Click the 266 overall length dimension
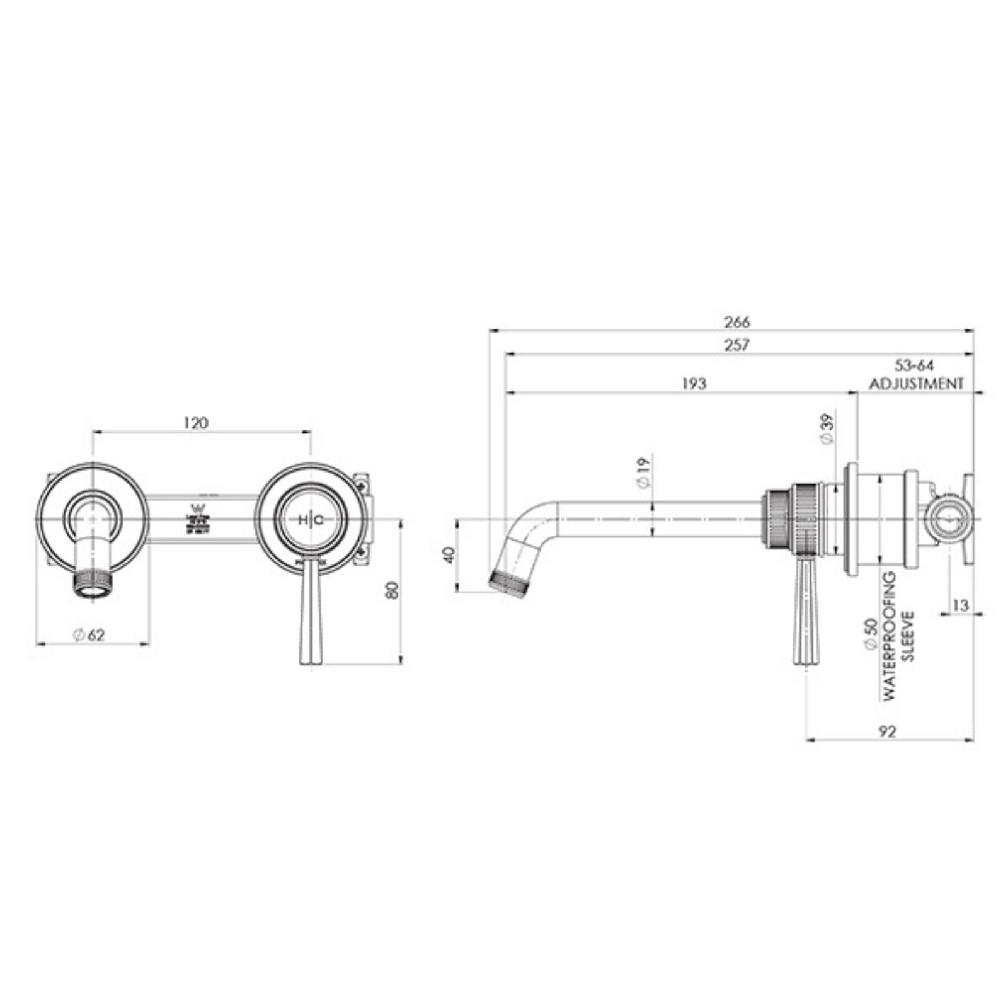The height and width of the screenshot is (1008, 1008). pyautogui.click(x=737, y=322)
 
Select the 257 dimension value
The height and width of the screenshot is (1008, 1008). pyautogui.click(x=737, y=345)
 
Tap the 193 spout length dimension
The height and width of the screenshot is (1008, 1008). pyautogui.click(x=694, y=383)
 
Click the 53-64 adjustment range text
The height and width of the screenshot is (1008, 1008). pyautogui.click(x=915, y=365)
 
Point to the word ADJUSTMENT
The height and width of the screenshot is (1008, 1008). pyautogui.click(x=917, y=383)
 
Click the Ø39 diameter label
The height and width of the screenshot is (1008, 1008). pyautogui.click(x=828, y=429)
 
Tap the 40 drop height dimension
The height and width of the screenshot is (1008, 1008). pyautogui.click(x=449, y=555)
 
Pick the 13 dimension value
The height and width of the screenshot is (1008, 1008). pyautogui.click(x=961, y=605)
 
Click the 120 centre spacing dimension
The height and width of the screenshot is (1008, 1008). pyautogui.click(x=196, y=423)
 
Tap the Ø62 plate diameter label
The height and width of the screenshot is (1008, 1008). pyautogui.click(x=88, y=635)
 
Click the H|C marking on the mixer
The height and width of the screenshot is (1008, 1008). pyautogui.click(x=311, y=520)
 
